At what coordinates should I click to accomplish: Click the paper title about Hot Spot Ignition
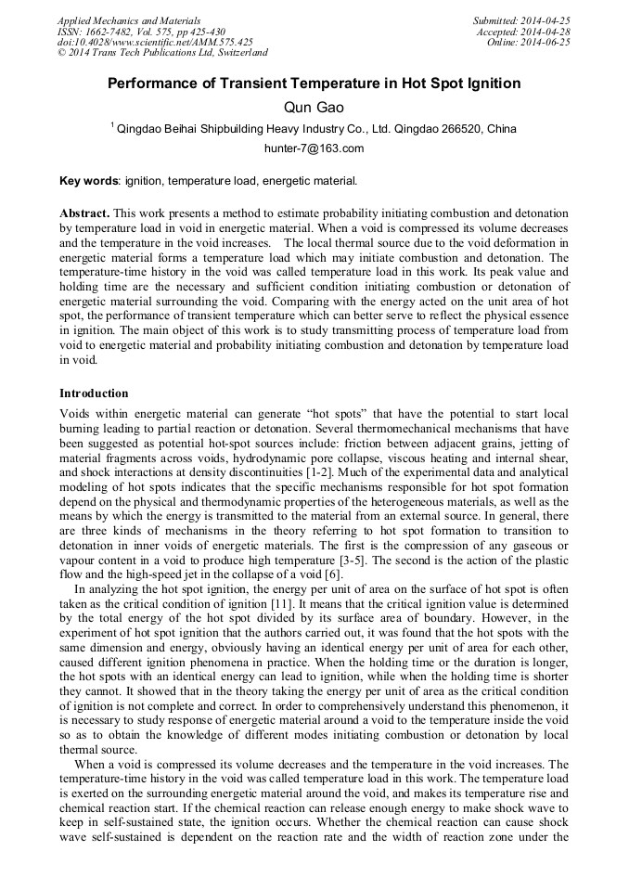coord(314,84)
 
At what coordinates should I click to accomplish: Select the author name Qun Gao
coord(314,108)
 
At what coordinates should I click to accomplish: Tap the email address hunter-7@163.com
coord(314,148)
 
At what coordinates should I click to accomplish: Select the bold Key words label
coord(89,181)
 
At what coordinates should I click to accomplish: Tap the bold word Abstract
coord(84,213)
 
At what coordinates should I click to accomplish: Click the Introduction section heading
coord(94,393)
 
